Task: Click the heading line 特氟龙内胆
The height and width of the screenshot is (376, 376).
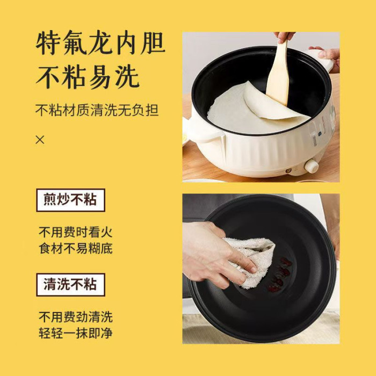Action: click(100, 42)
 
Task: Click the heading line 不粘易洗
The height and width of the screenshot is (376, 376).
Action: click(88, 77)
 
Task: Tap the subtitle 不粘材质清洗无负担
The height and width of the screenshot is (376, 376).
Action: click(97, 110)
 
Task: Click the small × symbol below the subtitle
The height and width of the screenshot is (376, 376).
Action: click(40, 140)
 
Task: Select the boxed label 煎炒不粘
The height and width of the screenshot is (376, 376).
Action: click(70, 200)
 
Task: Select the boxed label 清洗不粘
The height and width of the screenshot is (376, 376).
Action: click(70, 285)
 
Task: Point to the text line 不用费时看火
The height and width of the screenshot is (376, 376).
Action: click(76, 232)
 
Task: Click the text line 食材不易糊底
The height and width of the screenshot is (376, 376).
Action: click(76, 248)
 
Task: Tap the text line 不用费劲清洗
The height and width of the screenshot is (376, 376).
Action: click(76, 317)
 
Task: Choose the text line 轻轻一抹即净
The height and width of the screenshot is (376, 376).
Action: click(76, 333)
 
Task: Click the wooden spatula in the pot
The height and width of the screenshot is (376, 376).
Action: click(278, 74)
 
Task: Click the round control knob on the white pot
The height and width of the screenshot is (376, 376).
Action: click(311, 166)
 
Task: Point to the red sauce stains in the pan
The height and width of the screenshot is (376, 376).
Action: click(280, 275)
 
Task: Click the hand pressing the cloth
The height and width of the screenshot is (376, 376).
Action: click(216, 254)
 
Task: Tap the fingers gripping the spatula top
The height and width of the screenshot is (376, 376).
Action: click(284, 37)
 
